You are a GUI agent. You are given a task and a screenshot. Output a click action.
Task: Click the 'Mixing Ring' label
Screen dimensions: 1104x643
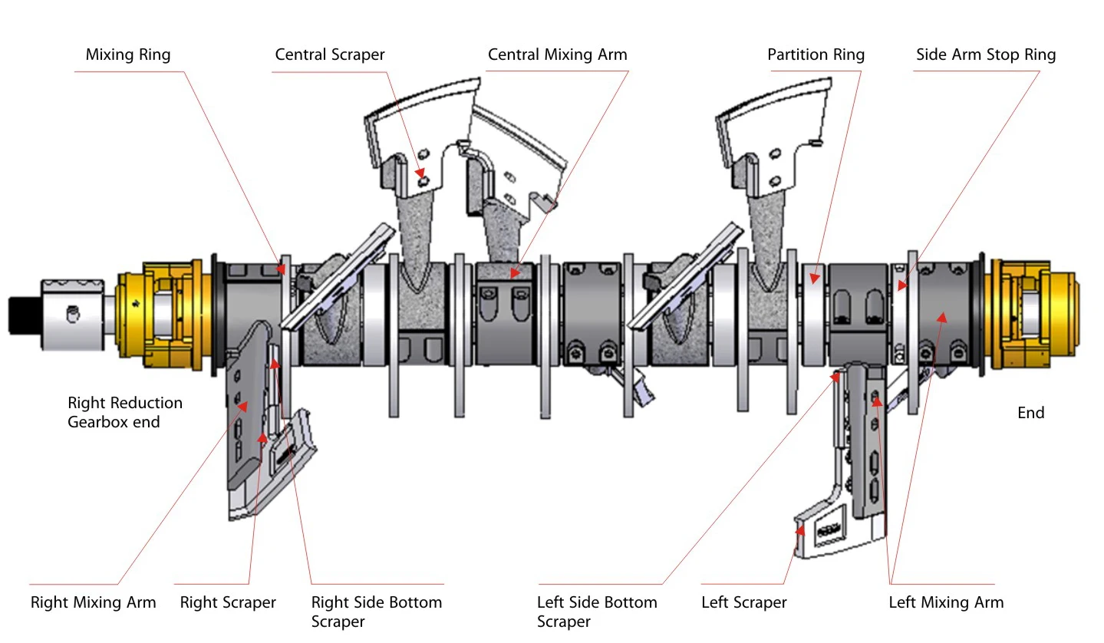(128, 54)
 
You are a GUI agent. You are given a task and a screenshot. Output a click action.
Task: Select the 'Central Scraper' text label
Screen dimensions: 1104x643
(330, 54)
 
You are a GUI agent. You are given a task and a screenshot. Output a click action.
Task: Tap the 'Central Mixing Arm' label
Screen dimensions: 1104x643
(558, 54)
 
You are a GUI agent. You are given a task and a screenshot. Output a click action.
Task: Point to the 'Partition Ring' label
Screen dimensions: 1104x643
(816, 54)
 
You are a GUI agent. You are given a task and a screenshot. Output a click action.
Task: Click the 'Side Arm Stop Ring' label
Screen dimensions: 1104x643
(986, 54)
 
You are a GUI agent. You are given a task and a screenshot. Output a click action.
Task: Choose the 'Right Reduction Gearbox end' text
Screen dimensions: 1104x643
(125, 412)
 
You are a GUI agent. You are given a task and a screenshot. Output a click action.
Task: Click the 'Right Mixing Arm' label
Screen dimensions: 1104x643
(93, 602)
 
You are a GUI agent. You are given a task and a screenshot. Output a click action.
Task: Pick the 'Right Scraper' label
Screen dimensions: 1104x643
(228, 602)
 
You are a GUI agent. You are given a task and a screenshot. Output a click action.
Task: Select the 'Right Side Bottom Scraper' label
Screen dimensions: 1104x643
(377, 612)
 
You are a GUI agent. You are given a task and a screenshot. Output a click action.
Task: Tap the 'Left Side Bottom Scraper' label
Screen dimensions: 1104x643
(597, 612)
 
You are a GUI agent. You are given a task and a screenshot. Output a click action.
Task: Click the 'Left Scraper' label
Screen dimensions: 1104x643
(743, 602)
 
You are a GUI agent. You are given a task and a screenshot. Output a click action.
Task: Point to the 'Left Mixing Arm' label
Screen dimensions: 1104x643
(946, 602)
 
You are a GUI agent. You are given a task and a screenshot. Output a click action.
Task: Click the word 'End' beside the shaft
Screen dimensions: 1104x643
(1030, 413)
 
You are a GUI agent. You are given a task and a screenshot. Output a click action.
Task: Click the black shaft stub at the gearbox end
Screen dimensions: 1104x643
(25, 315)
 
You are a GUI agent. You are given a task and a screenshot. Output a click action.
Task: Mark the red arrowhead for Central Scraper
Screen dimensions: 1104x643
(420, 173)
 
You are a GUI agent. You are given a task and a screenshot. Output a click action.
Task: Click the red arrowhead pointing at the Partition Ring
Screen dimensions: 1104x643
(814, 278)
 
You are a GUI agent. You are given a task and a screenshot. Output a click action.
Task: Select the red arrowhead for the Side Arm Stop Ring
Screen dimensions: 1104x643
(902, 285)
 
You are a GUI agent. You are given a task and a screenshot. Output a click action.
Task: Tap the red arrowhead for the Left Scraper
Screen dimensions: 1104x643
(800, 530)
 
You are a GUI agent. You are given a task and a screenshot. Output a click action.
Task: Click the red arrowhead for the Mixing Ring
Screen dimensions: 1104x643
(281, 269)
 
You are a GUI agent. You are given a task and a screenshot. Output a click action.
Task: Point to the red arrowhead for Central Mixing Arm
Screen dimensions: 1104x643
(515, 272)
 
